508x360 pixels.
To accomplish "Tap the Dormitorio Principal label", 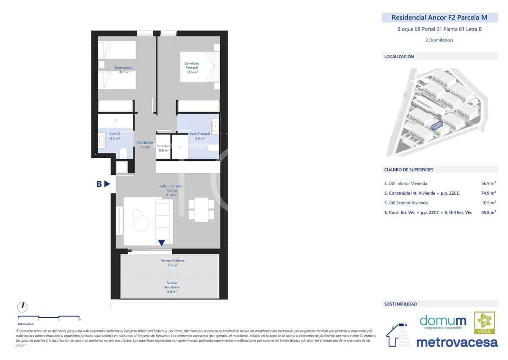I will pos(191,68).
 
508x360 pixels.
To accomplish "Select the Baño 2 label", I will pos(115,136).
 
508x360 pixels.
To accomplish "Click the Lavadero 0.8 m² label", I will pos(163,148).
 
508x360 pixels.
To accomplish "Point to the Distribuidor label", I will pos(145,145).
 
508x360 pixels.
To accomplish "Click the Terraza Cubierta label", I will pos(172,263).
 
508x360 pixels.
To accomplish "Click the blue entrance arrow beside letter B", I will pos(108,184).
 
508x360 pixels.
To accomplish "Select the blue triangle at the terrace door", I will pos(161,243).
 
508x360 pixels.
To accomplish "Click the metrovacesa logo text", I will pos(457,342).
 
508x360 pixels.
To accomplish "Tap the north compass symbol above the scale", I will pos(23,306).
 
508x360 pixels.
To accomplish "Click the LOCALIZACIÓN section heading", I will pos(399,56).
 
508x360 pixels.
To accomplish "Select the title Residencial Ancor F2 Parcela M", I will pos(439,18).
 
